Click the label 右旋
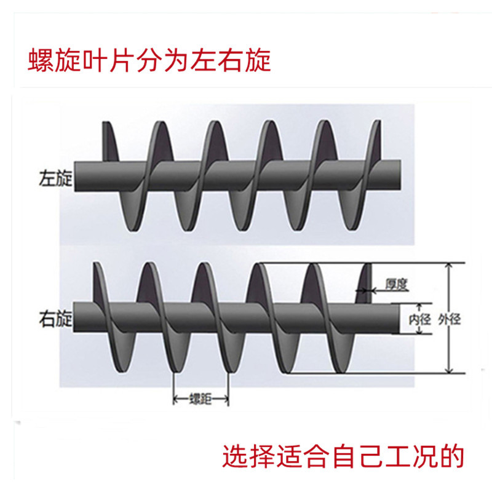click(x=55, y=319)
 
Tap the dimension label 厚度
click(x=397, y=284)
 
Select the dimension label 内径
click(x=421, y=319)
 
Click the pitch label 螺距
click(x=200, y=400)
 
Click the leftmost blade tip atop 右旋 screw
click(x=97, y=266)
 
